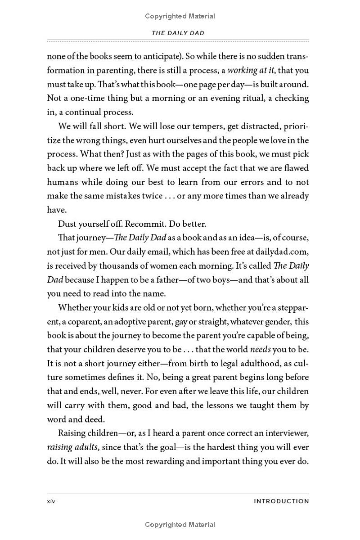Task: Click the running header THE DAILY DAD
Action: click(178, 33)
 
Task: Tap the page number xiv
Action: click(51, 501)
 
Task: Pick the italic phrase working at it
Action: click(251, 71)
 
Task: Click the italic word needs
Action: click(260, 349)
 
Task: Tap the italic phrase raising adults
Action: click(69, 447)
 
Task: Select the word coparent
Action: click(86, 321)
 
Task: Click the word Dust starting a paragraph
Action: click(67, 224)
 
